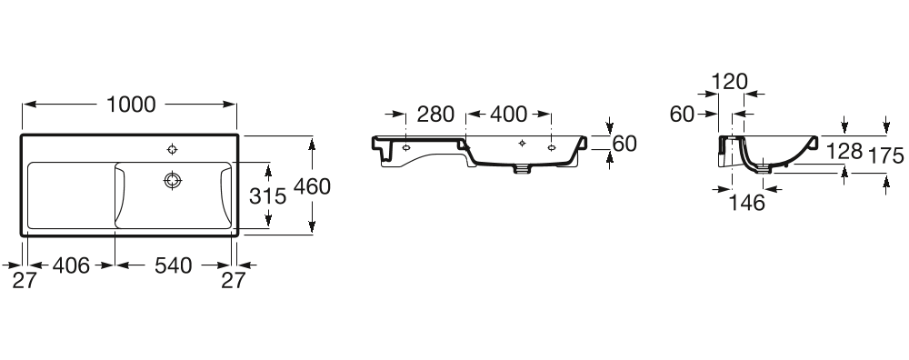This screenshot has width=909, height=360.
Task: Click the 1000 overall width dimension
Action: [x=131, y=105]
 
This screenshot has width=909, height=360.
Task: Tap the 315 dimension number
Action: [x=267, y=195]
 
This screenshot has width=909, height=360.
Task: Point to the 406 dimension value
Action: [x=71, y=265]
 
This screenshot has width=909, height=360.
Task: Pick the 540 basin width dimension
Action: [x=172, y=265]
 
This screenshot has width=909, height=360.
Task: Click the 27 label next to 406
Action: [x=24, y=281]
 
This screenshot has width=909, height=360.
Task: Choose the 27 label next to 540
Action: [x=234, y=281]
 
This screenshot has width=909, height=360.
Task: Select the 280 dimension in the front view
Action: [x=435, y=115]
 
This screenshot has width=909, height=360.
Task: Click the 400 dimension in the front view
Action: [x=508, y=115]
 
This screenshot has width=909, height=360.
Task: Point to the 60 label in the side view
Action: [x=682, y=115]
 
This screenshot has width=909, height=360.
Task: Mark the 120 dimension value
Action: [x=728, y=82]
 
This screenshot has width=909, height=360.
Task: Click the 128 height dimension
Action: [x=844, y=153]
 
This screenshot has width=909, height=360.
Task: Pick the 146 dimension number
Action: [x=746, y=203]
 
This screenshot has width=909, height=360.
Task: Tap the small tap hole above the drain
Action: [x=172, y=148]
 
